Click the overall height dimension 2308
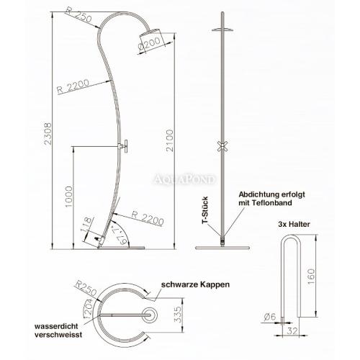coord(48,134)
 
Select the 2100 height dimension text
coord(170,140)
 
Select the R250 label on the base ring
coord(86,288)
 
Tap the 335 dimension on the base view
coord(178,315)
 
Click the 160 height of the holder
coord(311,276)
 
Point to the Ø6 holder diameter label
coord(270,317)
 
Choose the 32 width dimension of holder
coord(292,331)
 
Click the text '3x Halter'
coord(294,225)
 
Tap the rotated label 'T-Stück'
coord(205,210)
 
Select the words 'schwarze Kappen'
coord(195,284)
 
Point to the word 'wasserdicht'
coord(56,326)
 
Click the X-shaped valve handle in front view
coord(222,146)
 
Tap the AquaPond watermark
coord(184,179)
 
